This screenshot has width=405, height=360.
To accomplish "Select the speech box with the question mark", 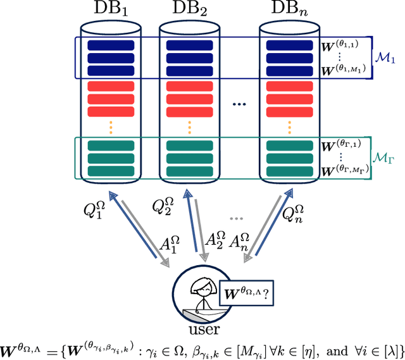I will tap(248, 293).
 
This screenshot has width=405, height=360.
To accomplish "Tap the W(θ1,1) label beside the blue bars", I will tap(342, 46).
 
